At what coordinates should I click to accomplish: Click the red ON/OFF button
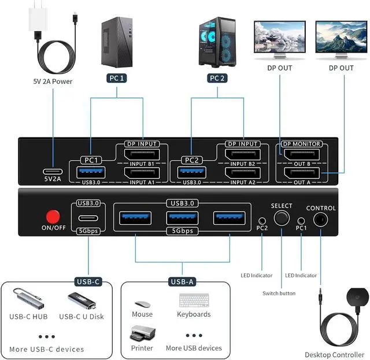(53, 217)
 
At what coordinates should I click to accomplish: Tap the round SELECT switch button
(282, 218)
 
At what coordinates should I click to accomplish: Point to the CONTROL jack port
(320, 220)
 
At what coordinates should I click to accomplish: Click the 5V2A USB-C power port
(53, 172)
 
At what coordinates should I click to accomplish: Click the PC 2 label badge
(217, 77)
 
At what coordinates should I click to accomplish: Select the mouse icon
(142, 304)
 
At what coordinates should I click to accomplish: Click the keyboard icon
(194, 301)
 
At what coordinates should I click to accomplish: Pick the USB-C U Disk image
(81, 299)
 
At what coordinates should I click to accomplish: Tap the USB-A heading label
(182, 282)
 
